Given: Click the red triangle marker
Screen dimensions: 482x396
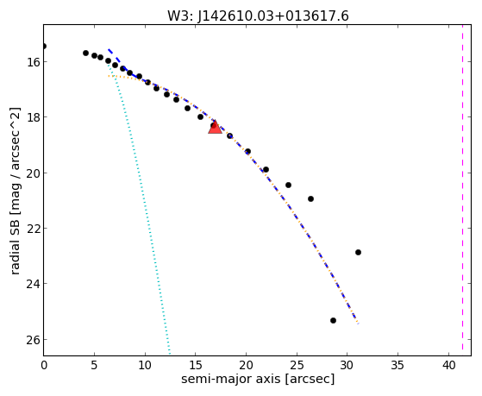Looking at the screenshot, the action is pos(215,128).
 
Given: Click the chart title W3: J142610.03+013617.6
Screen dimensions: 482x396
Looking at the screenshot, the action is pos(258,16).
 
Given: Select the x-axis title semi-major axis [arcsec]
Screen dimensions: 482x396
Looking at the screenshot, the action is pos(258,379).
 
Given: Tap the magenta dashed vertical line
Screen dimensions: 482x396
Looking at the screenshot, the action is pos(462,187).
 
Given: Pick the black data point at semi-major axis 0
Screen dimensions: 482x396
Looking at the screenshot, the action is pos(44,46).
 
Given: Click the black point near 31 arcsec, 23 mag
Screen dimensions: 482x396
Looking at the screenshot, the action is pos(358,252).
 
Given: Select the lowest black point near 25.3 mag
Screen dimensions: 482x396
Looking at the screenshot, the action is pos(333,321).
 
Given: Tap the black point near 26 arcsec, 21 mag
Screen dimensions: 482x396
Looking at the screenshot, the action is pos(310,198).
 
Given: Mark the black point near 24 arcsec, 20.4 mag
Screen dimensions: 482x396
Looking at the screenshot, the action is pos(288,185).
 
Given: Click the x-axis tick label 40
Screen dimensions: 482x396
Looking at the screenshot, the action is pos(448,365).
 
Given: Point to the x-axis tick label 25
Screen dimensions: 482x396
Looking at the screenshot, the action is pos(297,365).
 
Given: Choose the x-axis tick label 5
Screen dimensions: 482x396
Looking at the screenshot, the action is pos(94,365).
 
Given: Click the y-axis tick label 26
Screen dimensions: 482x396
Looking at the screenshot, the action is pos(33,340).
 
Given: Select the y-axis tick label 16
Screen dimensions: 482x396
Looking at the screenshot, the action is pos(33,62).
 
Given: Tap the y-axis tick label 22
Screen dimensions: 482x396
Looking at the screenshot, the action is pos(33,229).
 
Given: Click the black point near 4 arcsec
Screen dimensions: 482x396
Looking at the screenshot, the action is pos(85,53).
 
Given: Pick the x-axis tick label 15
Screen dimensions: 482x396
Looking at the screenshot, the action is pos(196,365).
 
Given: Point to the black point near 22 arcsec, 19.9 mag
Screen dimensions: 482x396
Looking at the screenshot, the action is pos(266,170).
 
